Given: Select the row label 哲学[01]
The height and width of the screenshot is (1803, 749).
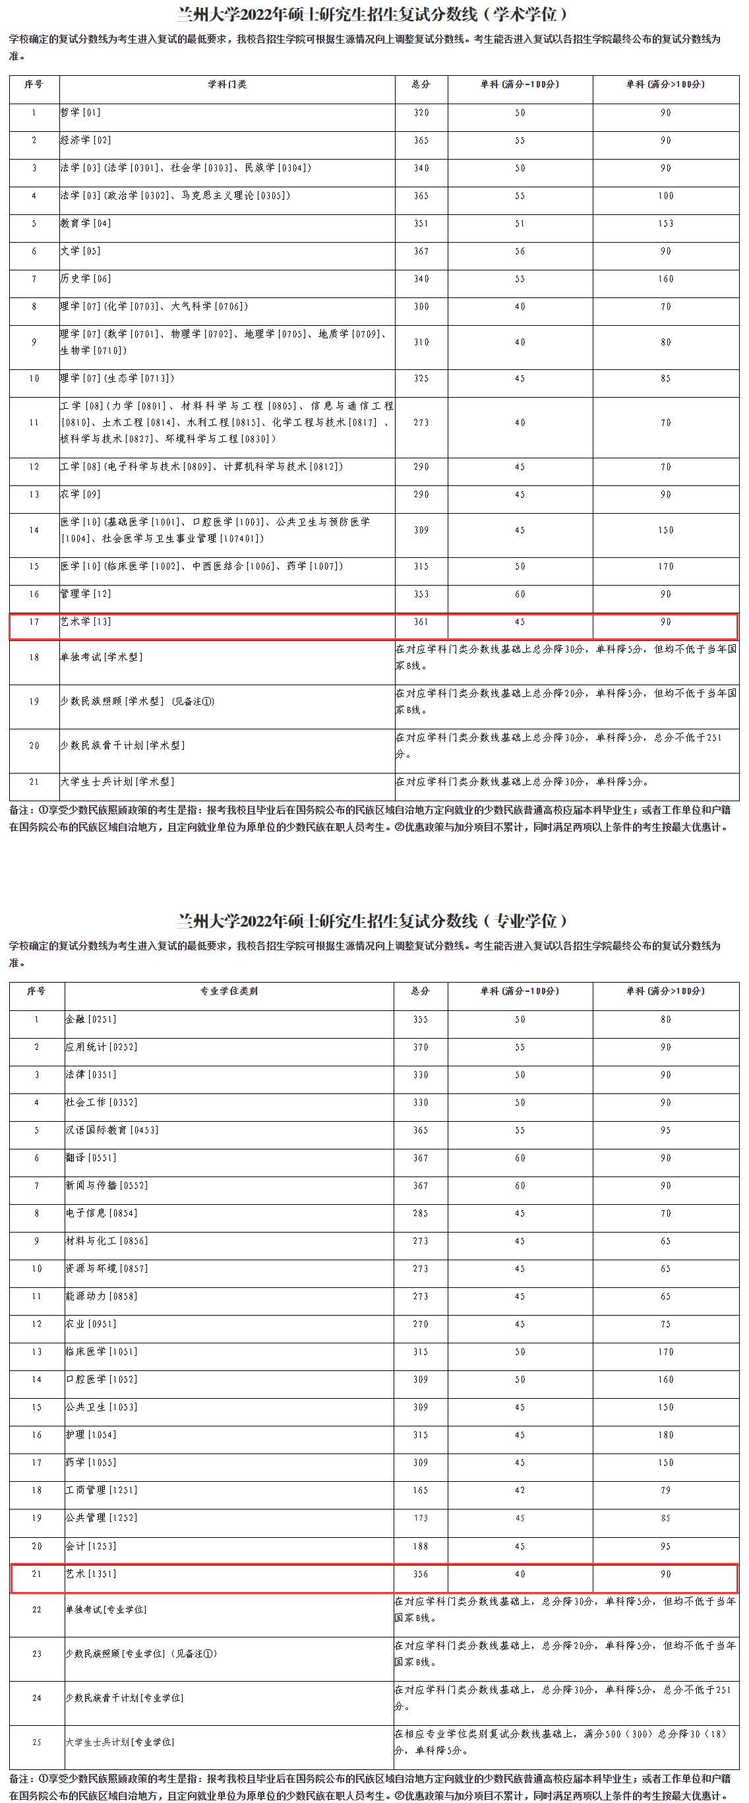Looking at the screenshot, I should (80, 113).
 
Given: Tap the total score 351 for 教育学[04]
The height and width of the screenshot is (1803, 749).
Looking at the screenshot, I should (421, 224).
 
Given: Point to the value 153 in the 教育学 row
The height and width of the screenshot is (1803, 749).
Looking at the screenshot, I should (665, 224).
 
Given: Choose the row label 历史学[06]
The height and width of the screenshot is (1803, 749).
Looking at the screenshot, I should (86, 278).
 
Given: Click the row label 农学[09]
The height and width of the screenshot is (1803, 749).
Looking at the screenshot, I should (80, 494).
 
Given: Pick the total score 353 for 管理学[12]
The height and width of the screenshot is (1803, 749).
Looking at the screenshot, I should (421, 594).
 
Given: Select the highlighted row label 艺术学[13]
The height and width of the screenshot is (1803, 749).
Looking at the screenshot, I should (86, 621).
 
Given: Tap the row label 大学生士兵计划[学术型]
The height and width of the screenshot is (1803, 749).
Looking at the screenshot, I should (117, 782).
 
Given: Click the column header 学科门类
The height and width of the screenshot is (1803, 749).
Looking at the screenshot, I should (227, 84).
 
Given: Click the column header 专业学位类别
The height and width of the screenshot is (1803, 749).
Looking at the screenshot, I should (229, 991).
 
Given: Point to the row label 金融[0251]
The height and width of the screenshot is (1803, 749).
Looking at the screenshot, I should (91, 1019).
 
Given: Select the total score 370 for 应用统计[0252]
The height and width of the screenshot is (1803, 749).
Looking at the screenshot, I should (420, 1047).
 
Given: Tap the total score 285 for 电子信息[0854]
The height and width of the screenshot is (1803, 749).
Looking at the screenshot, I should (420, 1213).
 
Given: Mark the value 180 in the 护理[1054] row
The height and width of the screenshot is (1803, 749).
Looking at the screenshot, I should (665, 1435).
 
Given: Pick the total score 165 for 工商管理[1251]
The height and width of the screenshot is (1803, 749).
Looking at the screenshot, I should (420, 1490).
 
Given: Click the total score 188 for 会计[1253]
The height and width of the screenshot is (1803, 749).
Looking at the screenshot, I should (420, 1546).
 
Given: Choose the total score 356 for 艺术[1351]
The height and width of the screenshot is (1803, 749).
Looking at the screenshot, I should (420, 1574).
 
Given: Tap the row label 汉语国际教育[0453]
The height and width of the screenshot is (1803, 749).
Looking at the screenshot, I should (112, 1130).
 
